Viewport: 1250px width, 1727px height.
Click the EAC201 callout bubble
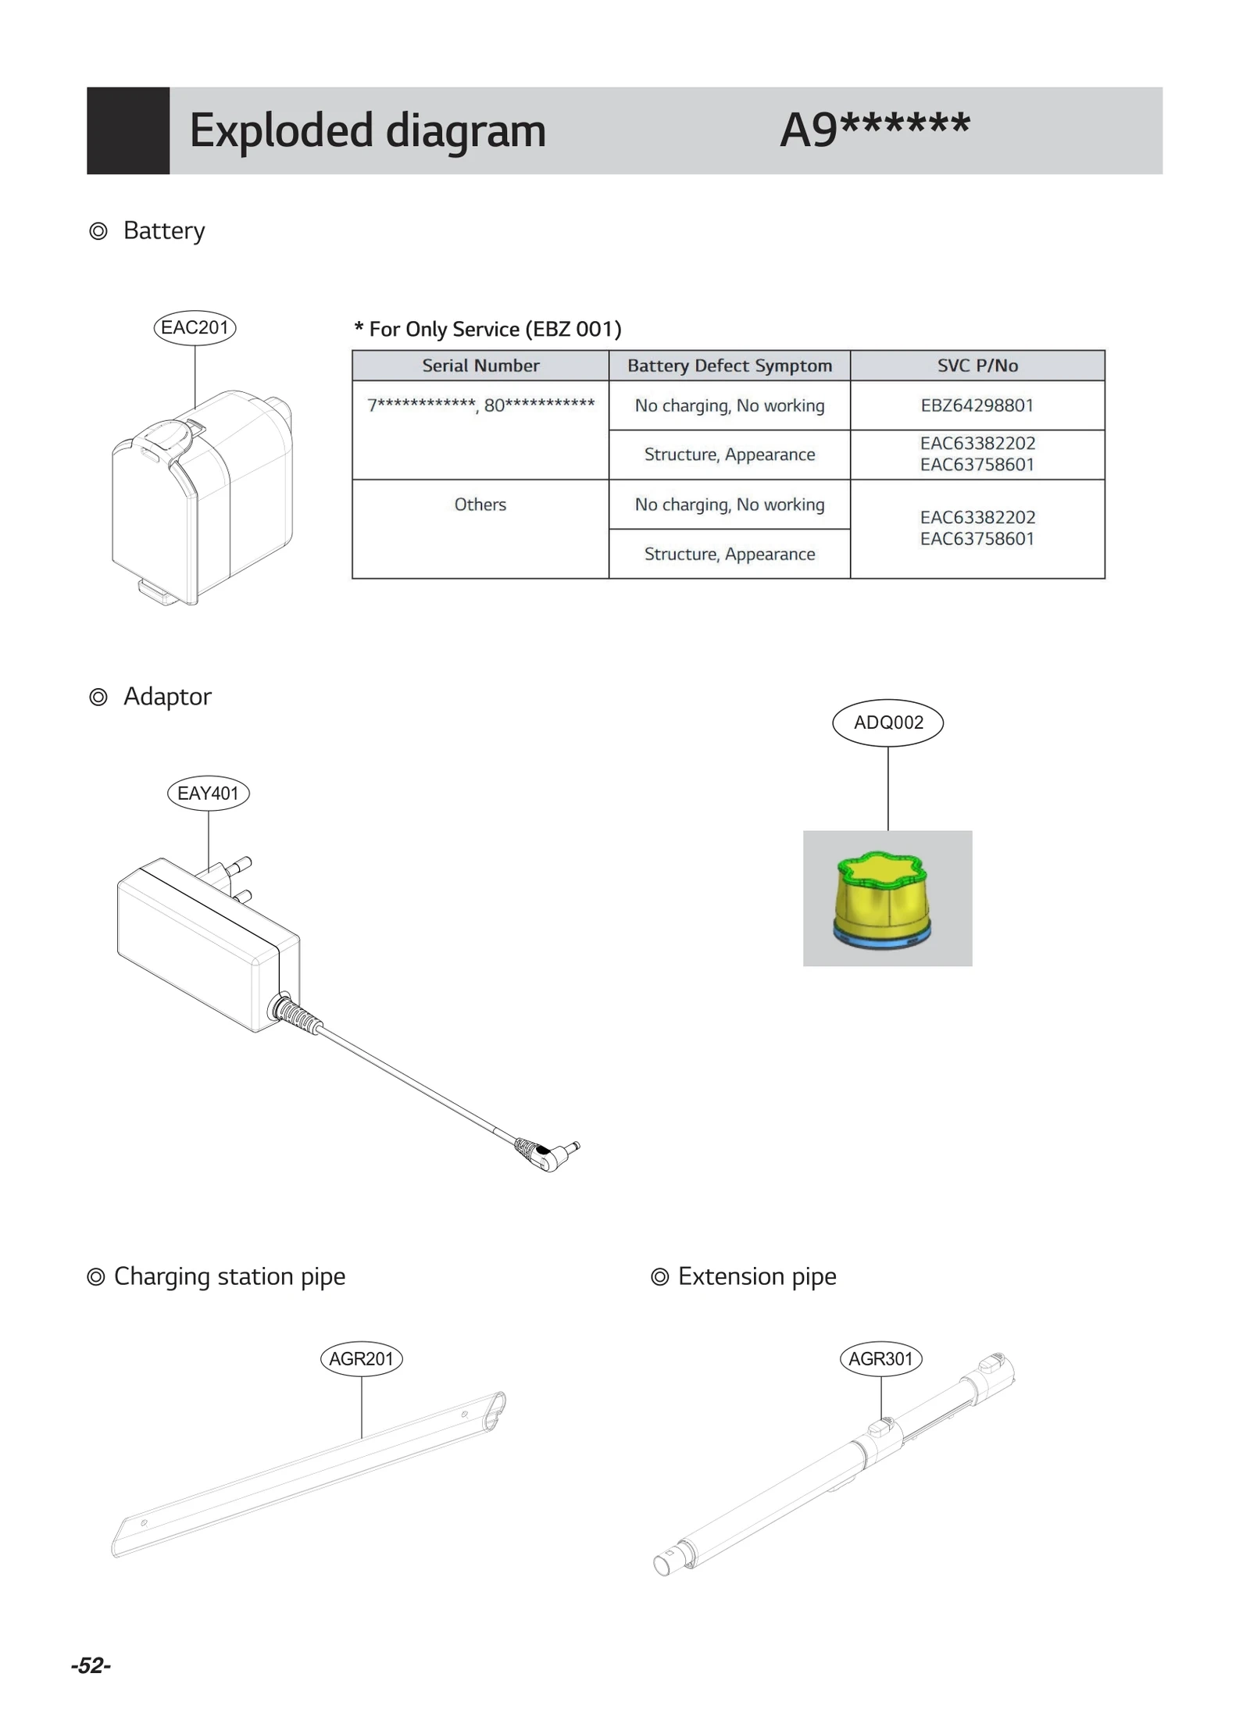[x=195, y=327]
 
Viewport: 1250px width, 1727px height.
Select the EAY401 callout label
[x=208, y=793]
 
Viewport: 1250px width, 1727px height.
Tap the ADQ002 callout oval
[x=887, y=723]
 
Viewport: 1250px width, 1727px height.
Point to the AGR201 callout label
[x=361, y=1358]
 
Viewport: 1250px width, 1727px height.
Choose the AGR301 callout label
[x=880, y=1358]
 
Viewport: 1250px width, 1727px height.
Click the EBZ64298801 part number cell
[x=977, y=405]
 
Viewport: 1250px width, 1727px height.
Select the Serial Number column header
[x=480, y=366]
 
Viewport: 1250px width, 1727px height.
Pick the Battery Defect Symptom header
[x=729, y=366]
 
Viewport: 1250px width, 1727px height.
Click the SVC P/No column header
[x=977, y=366]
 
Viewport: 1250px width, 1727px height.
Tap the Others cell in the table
[x=480, y=505]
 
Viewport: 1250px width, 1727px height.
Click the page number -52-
[x=91, y=1665]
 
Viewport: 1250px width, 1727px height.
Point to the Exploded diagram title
[x=367, y=130]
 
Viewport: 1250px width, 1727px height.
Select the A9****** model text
[x=875, y=129]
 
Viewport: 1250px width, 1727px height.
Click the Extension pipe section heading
[x=756, y=1276]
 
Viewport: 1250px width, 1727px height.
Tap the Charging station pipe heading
[x=229, y=1276]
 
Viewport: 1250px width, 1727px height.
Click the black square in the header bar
[x=128, y=130]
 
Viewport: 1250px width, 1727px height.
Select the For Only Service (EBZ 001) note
[x=488, y=329]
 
